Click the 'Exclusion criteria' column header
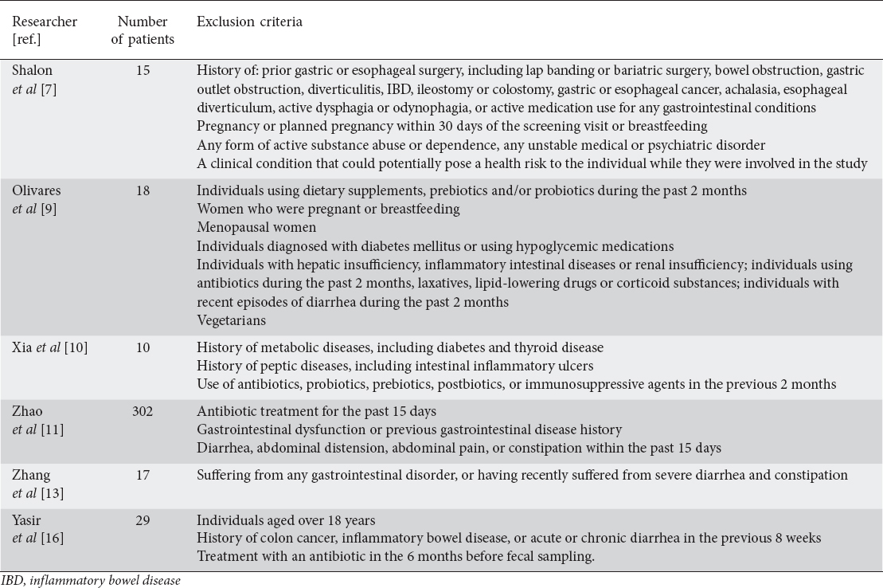coord(249,22)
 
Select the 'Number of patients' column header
coord(142,30)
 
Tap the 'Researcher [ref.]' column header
coord(44,30)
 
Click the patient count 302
coord(143,412)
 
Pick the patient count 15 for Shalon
coord(143,71)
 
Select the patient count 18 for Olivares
coord(143,191)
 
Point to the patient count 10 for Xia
coord(143,347)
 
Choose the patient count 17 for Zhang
coord(143,476)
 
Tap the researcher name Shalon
coord(32,71)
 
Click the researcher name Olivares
coord(37,191)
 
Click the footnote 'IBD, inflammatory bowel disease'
coord(90,581)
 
